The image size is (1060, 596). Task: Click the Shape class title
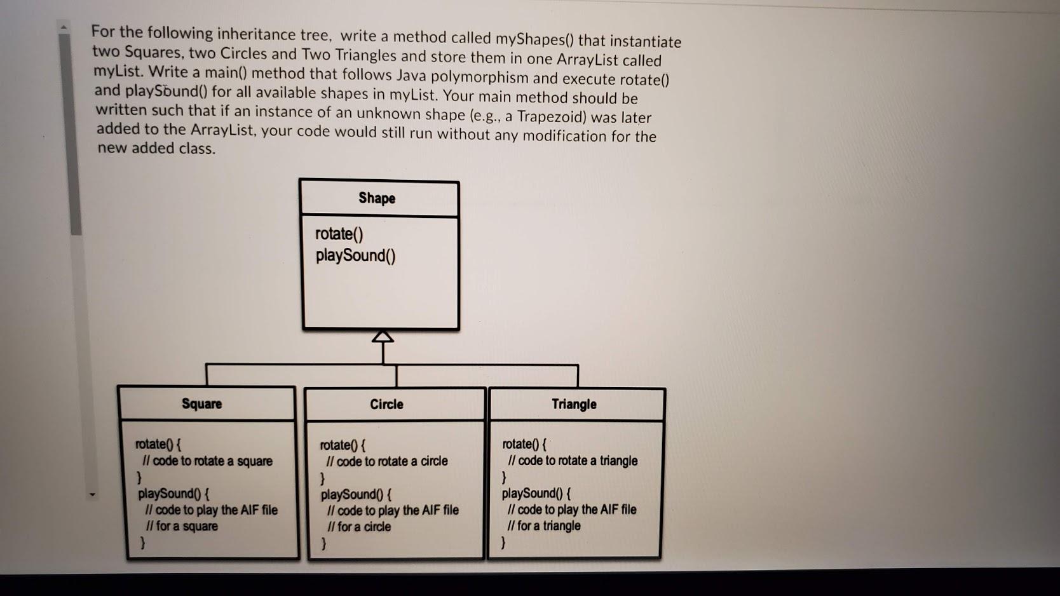coord(377,198)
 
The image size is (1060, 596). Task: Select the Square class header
coord(201,404)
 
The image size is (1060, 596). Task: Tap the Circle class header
coord(386,405)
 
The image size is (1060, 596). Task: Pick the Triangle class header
coord(574,405)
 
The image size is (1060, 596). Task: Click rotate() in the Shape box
coord(339,234)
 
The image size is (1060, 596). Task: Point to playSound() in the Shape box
coord(355,255)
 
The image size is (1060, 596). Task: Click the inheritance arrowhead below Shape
coord(383,337)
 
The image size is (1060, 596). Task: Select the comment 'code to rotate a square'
coord(208,461)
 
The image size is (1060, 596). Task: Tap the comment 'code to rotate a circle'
coord(387,461)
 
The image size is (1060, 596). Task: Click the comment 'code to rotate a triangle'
coord(573,461)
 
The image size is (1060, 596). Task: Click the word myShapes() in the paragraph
coord(534,39)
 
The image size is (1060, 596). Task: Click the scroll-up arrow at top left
coord(64,27)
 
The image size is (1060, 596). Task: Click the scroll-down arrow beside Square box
coord(93,494)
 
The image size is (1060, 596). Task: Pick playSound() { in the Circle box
coord(356,494)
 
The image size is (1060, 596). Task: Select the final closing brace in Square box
coord(143,543)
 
